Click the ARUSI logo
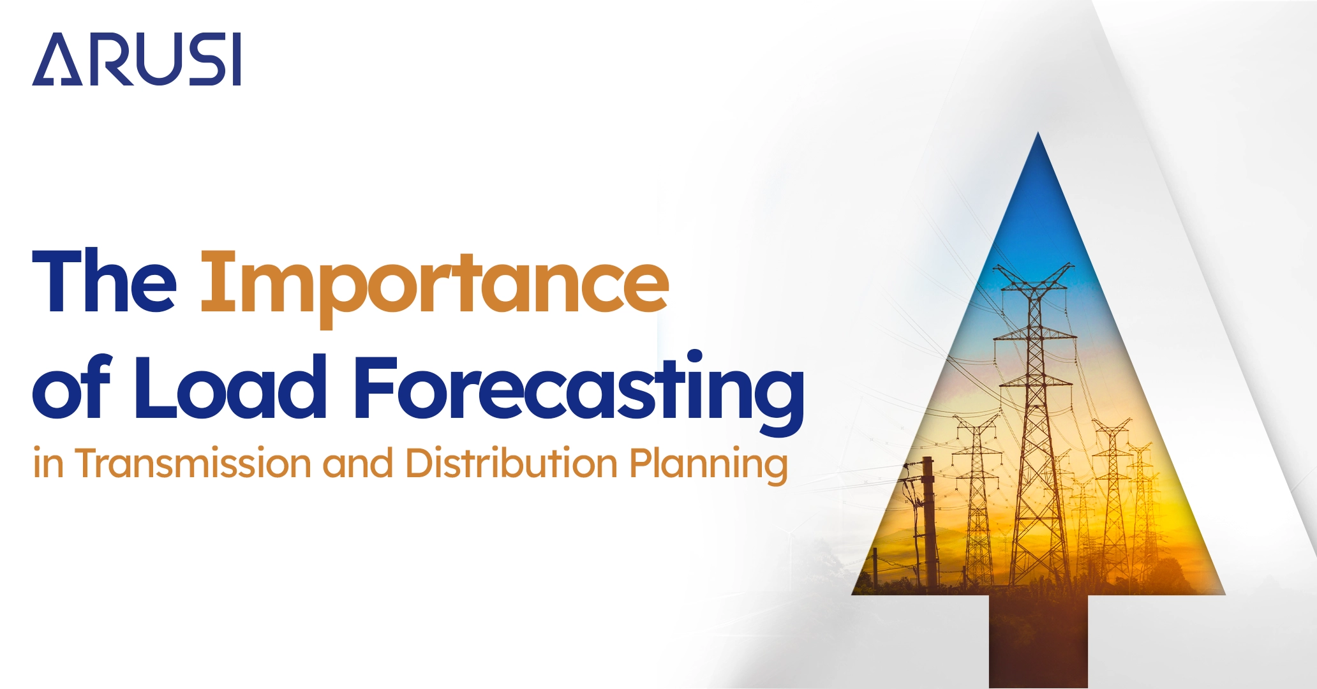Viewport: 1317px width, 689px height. (x=137, y=59)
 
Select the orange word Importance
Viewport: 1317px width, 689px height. (x=435, y=284)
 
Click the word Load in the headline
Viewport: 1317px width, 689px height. (x=230, y=387)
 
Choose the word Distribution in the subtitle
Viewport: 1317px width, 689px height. (x=511, y=463)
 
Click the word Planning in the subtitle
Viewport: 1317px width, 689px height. (x=708, y=464)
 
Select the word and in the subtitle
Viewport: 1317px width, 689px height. (x=357, y=463)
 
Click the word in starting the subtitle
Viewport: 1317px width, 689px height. (x=48, y=463)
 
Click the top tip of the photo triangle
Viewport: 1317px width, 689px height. (x=1038, y=135)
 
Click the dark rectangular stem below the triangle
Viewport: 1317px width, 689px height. (x=1038, y=641)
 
